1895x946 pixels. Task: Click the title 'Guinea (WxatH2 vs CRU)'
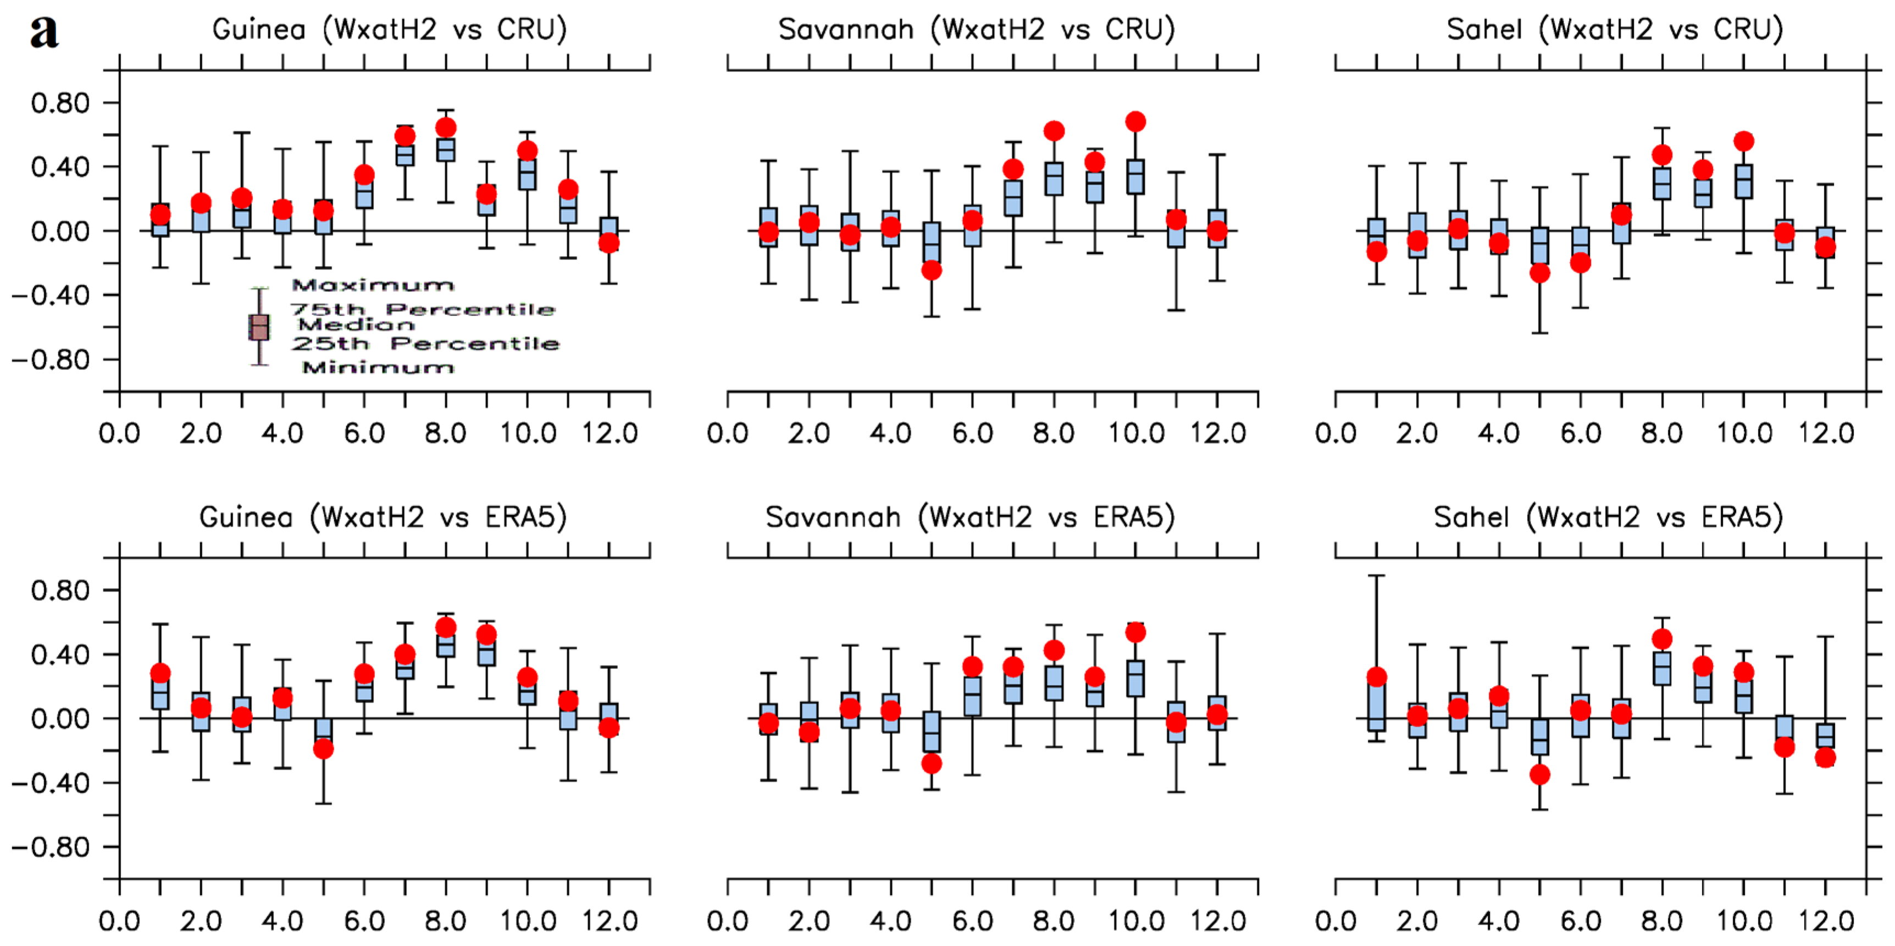[389, 30]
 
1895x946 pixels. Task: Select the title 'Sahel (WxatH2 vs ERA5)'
[1608, 517]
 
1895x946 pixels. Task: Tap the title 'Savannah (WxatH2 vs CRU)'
[976, 30]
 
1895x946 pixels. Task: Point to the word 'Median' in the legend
[356, 324]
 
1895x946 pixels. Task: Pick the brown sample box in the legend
[259, 327]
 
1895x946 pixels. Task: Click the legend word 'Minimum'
[378, 366]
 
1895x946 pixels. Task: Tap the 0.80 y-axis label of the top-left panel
[60, 103]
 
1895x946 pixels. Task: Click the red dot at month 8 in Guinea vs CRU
[446, 128]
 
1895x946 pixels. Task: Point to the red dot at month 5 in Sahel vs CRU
[1540, 273]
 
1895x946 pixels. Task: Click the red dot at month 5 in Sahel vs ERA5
[1540, 774]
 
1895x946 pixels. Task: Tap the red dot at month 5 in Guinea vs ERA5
[324, 749]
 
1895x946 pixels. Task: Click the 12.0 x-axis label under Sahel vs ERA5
[1826, 921]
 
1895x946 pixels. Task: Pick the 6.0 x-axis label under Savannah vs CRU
[973, 433]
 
